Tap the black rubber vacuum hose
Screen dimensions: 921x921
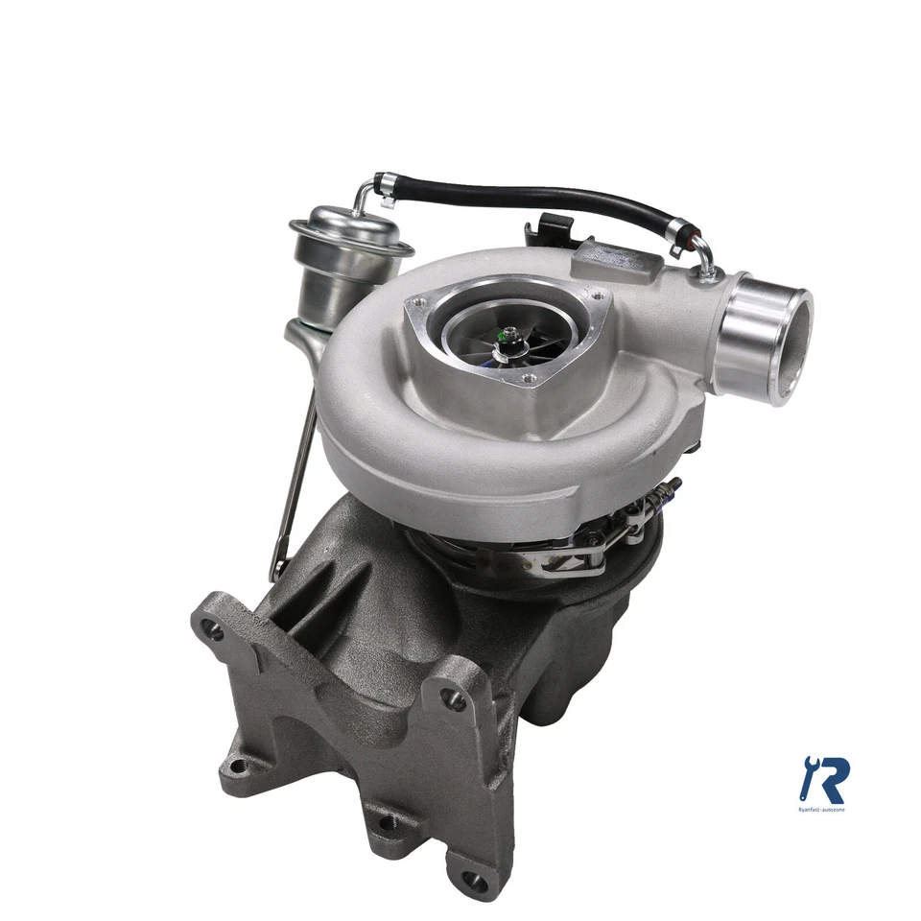point(537,196)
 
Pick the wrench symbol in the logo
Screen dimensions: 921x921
point(808,775)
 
